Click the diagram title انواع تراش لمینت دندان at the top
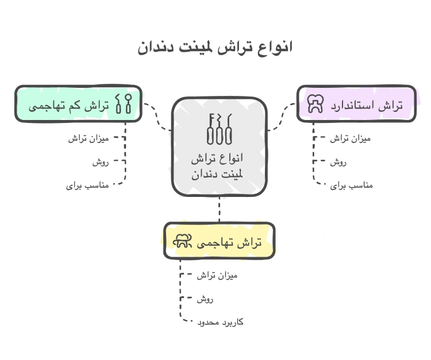[215, 47]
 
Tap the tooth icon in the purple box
[315, 103]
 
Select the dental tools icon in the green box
[123, 104]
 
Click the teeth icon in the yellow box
[182, 243]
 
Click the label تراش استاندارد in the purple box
[368, 105]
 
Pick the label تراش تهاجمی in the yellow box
[229, 243]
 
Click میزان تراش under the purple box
[352, 138]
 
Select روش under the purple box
[338, 162]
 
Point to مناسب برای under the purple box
[352, 185]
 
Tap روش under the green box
[101, 162]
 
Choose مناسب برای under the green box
[87, 185]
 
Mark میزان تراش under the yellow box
[217, 275]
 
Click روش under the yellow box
[205, 299]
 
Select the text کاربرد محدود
[220, 322]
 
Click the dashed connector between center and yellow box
[219, 209]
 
